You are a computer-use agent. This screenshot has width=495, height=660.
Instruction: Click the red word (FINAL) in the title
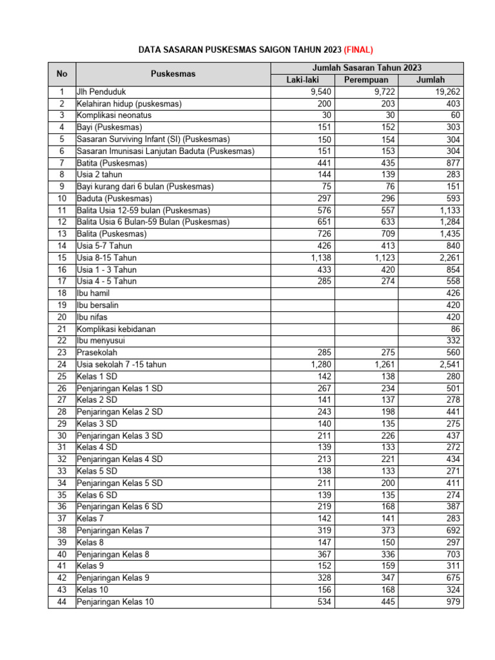tap(358, 49)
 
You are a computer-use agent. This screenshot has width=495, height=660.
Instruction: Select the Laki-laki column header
tap(303, 79)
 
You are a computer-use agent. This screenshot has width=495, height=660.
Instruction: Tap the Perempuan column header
tap(366, 79)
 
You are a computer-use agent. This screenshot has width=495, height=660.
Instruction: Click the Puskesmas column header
tap(173, 73)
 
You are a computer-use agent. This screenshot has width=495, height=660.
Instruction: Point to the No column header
tap(61, 73)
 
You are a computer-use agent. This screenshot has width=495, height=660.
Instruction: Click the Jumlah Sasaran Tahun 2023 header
tap(367, 68)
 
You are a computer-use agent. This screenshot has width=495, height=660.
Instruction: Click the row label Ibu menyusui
tap(102, 340)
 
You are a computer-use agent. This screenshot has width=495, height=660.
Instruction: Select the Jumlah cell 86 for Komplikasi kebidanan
tap(455, 329)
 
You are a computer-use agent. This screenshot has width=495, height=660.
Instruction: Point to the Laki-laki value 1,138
tap(320, 258)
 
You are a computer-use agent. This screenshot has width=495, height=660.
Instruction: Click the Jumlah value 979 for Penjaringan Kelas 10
tap(452, 602)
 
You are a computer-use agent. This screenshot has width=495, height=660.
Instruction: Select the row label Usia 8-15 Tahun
tap(107, 258)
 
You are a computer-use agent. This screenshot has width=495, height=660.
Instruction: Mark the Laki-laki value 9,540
tap(320, 92)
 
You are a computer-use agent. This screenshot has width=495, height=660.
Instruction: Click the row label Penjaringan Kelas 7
tap(113, 530)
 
